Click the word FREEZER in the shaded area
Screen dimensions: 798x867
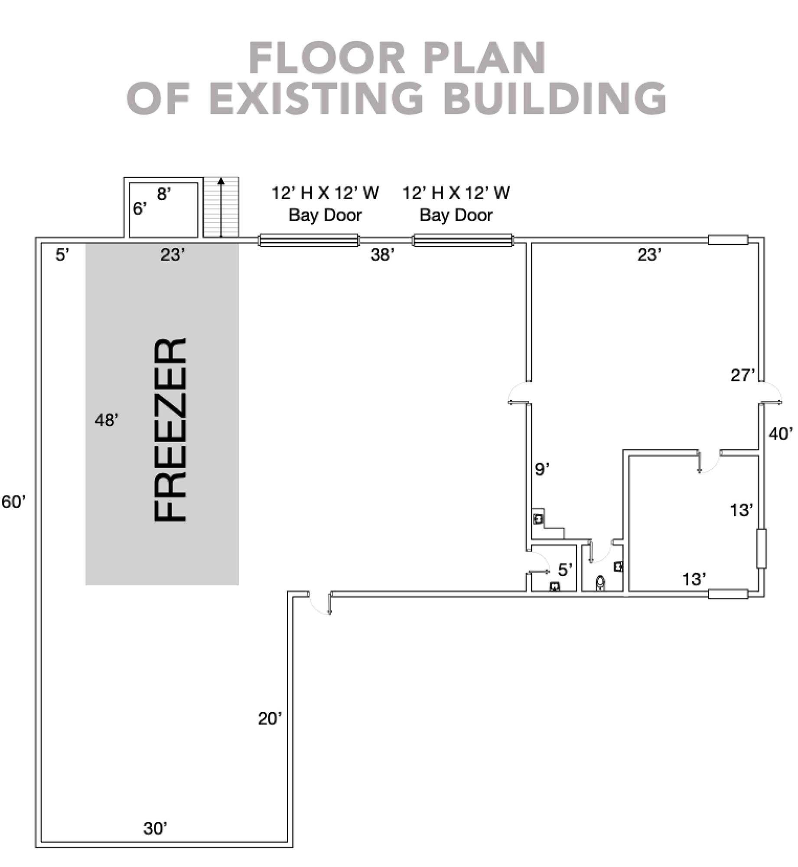coord(170,430)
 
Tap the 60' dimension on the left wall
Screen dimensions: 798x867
coord(14,502)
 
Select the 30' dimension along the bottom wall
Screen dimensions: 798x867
coord(156,828)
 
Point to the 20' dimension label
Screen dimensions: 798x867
coord(270,719)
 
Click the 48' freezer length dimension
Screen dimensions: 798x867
coord(107,420)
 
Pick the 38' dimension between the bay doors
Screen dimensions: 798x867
coord(382,255)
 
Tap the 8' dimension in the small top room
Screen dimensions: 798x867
coord(164,194)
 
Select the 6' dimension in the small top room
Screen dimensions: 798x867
coord(140,209)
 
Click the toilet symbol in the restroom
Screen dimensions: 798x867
coord(600,583)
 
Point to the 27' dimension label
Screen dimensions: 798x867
coord(743,375)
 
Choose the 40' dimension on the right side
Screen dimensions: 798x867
coord(781,433)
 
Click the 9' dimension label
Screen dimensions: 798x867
coord(542,469)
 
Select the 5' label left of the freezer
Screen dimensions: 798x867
coord(62,255)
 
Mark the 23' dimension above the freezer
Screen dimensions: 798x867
coord(173,255)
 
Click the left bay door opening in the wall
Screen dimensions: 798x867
coord(309,240)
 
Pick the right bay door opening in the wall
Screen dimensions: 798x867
coord(463,240)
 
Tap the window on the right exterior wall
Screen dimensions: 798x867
coord(761,548)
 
